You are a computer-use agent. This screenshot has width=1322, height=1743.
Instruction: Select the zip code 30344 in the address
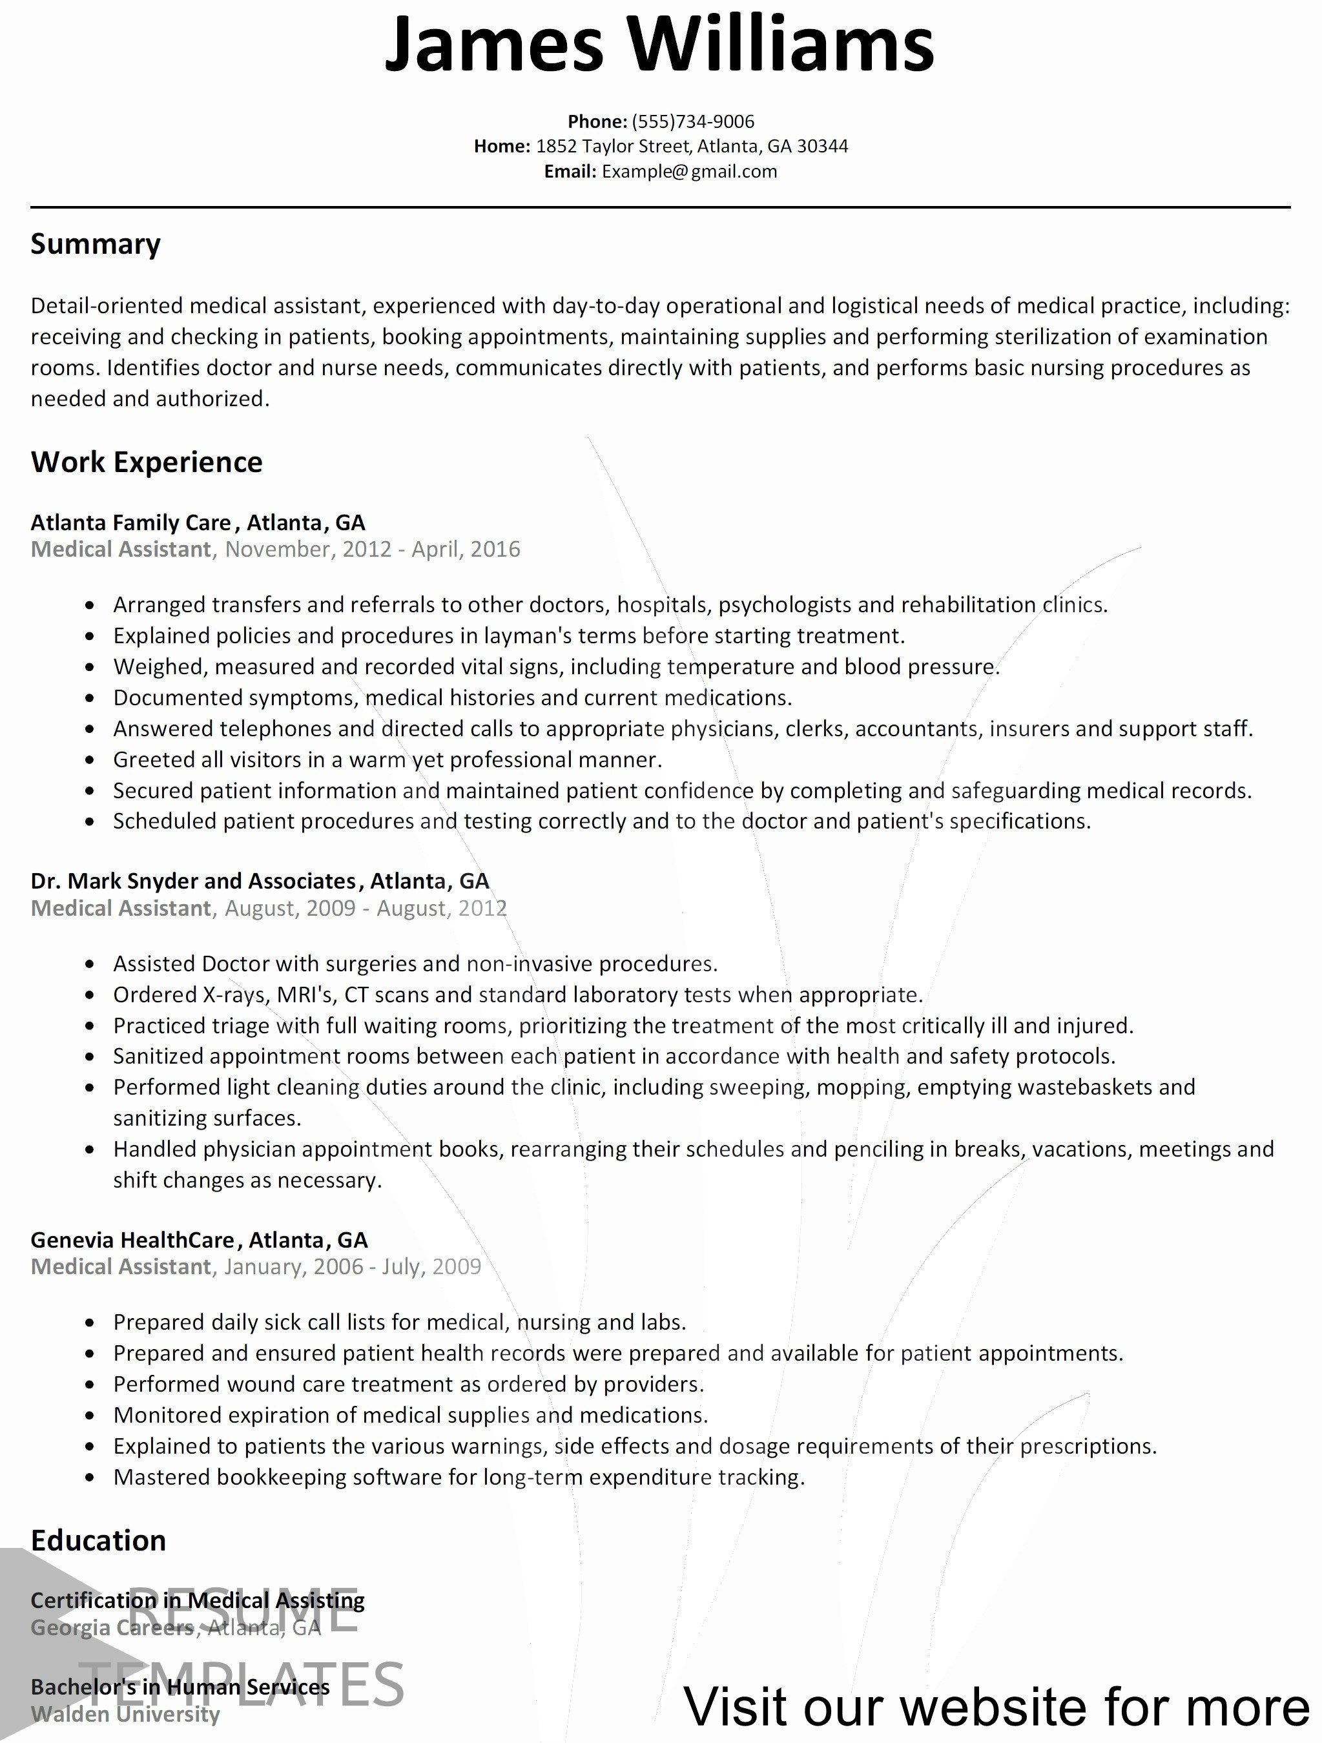click(x=823, y=146)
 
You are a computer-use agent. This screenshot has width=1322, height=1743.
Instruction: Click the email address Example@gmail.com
click(x=689, y=172)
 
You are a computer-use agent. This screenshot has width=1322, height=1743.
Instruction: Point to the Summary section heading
click(x=96, y=244)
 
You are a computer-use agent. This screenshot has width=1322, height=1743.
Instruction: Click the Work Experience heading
click(x=147, y=462)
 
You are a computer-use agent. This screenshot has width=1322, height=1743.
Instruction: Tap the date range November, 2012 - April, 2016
click(x=373, y=549)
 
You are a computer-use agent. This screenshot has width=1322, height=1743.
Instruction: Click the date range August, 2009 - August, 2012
click(x=366, y=909)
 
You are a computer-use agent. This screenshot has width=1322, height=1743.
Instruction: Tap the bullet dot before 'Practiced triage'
click(x=92, y=1027)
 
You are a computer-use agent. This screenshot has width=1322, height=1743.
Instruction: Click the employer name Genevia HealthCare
click(x=132, y=1241)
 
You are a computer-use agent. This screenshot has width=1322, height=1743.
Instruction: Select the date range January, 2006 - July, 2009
click(x=352, y=1267)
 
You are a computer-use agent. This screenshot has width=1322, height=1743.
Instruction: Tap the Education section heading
click(x=98, y=1540)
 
